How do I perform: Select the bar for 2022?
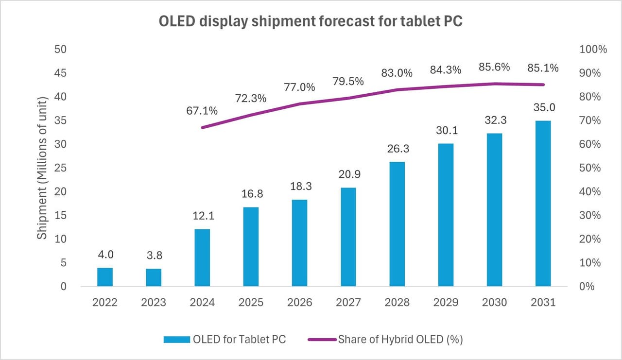pos(105,277)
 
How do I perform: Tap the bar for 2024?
pos(202,257)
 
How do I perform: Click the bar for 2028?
pos(397,224)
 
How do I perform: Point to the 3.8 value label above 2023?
pos(154,255)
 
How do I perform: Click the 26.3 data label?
pos(397,149)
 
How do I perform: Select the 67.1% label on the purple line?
pos(202,111)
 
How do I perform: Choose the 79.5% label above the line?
pos(348,82)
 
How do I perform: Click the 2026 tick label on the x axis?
pos(299,302)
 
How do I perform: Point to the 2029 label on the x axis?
pos(446,302)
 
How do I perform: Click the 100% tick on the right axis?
pos(593,50)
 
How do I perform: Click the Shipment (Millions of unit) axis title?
pos(43,168)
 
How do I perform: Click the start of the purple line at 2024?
pos(202,127)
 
